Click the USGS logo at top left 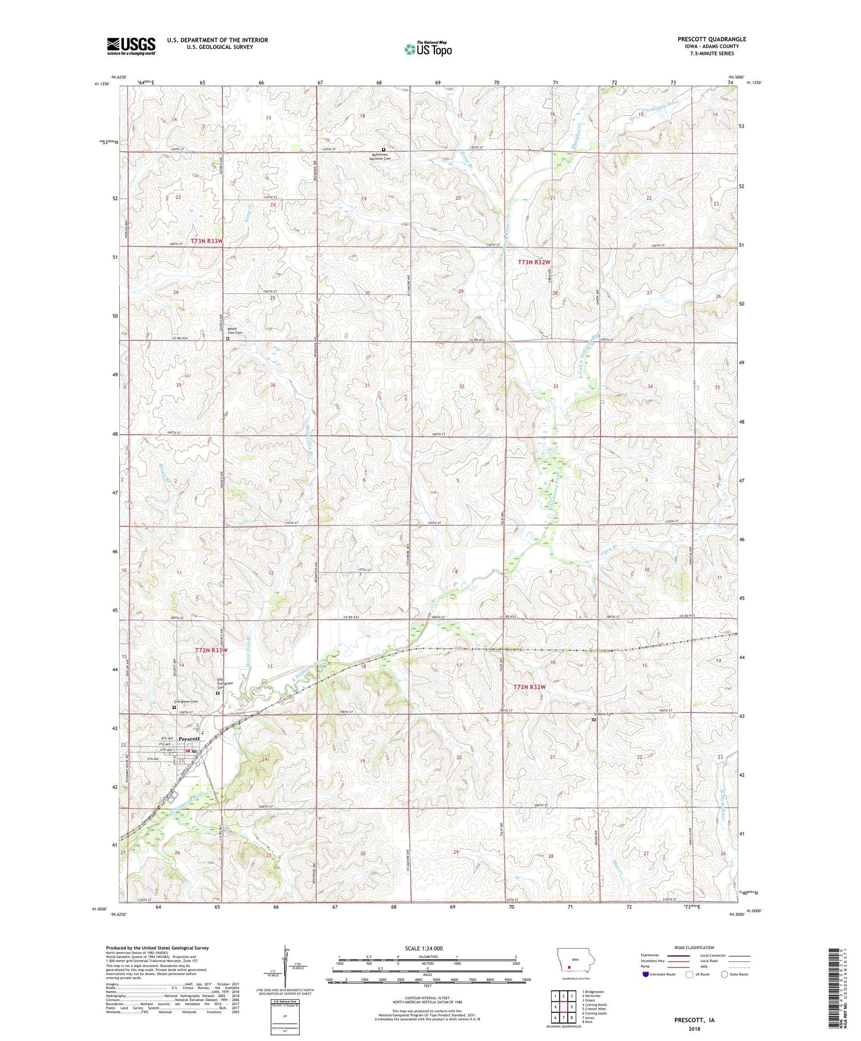click(131, 46)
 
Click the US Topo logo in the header click(427, 49)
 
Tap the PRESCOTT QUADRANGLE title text click(711, 39)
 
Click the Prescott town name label click(189, 739)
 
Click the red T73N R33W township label click(207, 241)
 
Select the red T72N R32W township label click(530, 687)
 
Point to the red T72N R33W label click(212, 650)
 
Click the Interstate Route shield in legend click(646, 974)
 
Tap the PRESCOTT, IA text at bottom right click(694, 1020)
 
